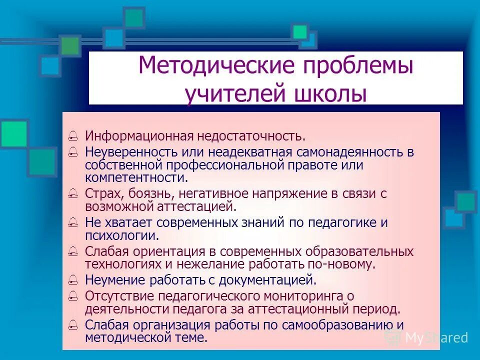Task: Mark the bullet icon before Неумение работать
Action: click(73, 280)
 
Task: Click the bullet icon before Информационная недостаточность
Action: click(73, 136)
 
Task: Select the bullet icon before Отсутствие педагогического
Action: click(73, 296)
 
